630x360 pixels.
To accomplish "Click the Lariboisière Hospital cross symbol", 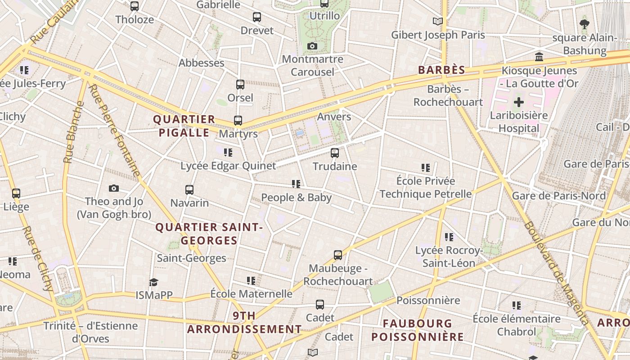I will pyautogui.click(x=519, y=102).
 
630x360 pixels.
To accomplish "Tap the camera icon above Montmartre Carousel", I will pyautogui.click(x=312, y=46).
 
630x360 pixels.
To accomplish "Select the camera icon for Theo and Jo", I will pyautogui.click(x=114, y=188).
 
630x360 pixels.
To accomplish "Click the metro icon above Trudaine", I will pyautogui.click(x=335, y=153).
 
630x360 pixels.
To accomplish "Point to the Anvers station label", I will pyautogui.click(x=334, y=117).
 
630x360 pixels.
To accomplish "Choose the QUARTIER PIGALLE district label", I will pyautogui.click(x=184, y=126).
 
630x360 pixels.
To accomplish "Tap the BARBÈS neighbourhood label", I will pyautogui.click(x=441, y=70).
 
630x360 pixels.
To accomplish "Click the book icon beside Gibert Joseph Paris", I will pyautogui.click(x=437, y=21).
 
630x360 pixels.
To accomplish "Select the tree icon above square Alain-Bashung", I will pyautogui.click(x=584, y=24).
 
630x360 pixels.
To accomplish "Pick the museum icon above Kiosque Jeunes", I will pyautogui.click(x=539, y=57).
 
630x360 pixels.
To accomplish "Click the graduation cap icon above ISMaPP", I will pyautogui.click(x=154, y=282).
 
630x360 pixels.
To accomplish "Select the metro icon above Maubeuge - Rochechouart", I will pyautogui.click(x=338, y=255).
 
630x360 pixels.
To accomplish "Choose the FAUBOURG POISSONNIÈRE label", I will pyautogui.click(x=417, y=330).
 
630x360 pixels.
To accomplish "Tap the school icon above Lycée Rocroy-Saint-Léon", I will pyautogui.click(x=449, y=237).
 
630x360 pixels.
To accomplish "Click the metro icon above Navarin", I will pyautogui.click(x=189, y=190).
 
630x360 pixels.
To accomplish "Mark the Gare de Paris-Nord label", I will pyautogui.click(x=559, y=196).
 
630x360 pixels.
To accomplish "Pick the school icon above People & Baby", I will pyautogui.click(x=296, y=184).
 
